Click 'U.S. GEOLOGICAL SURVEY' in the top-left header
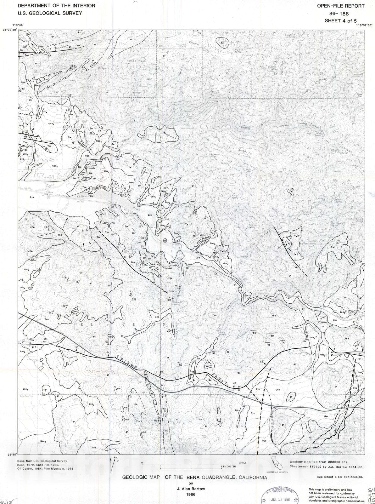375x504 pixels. tap(50, 13)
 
